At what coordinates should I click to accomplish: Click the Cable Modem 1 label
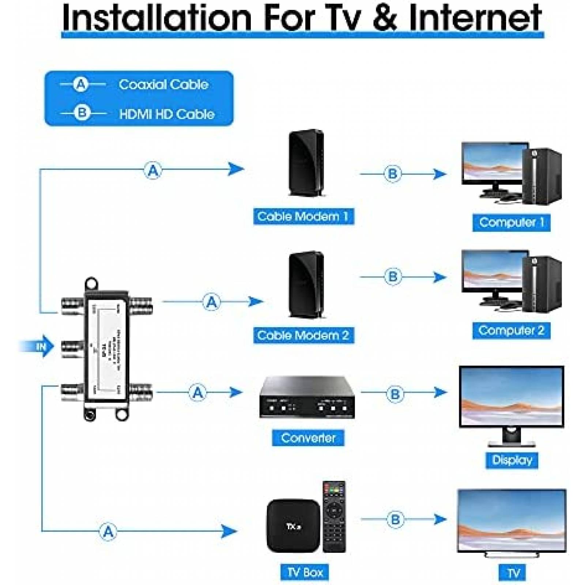[x=303, y=216]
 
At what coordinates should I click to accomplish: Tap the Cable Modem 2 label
[x=303, y=335]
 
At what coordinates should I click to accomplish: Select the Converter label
[x=308, y=438]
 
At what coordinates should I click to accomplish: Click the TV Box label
[x=305, y=572]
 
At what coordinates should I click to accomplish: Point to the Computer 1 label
[x=511, y=222]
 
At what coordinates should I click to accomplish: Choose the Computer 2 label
[x=511, y=330]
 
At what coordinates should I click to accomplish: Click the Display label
[x=512, y=460]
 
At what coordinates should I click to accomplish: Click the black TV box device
[x=293, y=526]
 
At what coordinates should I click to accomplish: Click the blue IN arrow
[x=39, y=346]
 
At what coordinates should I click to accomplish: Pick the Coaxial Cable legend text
[x=163, y=85]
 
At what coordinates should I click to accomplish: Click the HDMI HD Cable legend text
[x=167, y=114]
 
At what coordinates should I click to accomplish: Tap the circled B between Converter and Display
[x=395, y=394]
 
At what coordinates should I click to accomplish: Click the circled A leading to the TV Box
[x=108, y=531]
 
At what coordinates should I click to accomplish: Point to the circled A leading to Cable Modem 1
[x=153, y=170]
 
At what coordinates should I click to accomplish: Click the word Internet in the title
[x=475, y=17]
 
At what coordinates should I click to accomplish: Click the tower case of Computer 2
[x=541, y=283]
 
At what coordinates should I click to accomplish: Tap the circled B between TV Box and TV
[x=395, y=519]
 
